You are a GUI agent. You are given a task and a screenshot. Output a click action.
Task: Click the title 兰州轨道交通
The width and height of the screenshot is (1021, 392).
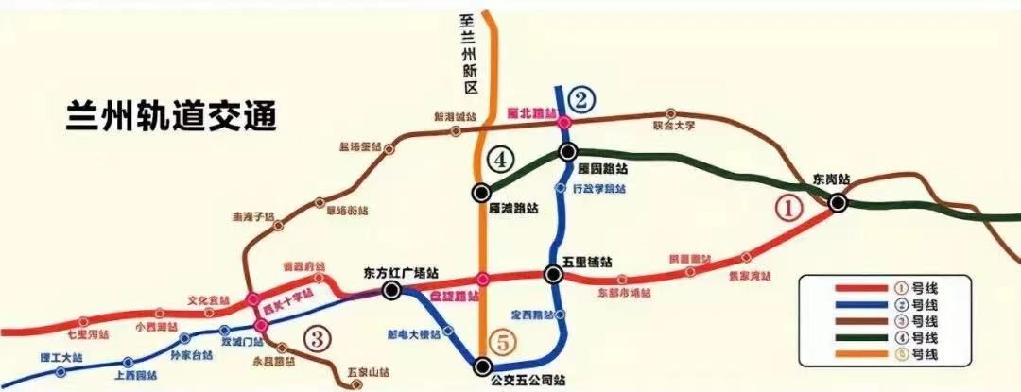pos(170,117)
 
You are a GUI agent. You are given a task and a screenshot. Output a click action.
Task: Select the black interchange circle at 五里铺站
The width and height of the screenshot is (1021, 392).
pos(554,275)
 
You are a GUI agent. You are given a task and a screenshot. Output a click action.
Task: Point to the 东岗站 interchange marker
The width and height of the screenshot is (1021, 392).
pos(838,201)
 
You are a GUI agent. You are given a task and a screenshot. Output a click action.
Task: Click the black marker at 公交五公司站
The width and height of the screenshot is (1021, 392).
pos(483,366)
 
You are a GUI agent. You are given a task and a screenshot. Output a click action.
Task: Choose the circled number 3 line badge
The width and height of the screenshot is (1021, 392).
pos(319,337)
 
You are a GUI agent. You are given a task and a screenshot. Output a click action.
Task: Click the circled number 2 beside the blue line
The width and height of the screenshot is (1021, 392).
pos(582,96)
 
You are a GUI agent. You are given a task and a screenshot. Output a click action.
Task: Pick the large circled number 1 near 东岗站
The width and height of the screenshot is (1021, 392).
pos(787,208)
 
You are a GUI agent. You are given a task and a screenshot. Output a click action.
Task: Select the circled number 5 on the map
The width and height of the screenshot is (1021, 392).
pos(504,344)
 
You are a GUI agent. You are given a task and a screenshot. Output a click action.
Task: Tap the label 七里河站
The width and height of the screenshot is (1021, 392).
pos(89,334)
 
